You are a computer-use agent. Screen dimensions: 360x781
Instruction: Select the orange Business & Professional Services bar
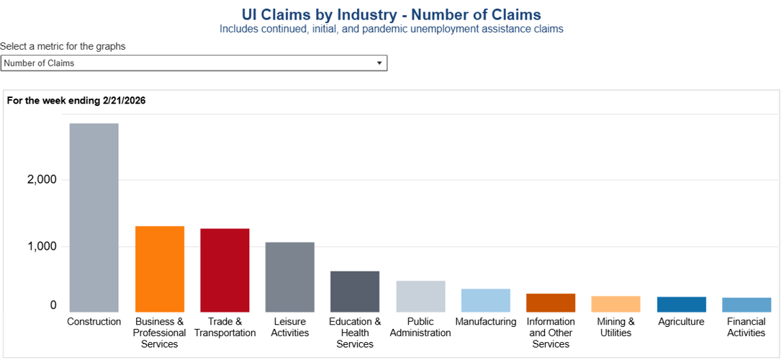click(160, 269)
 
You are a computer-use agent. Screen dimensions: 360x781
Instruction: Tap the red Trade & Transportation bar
click(225, 270)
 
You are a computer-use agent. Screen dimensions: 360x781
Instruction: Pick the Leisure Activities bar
click(289, 276)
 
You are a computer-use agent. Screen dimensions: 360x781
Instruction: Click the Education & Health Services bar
click(355, 292)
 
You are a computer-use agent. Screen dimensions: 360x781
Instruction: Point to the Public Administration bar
click(420, 296)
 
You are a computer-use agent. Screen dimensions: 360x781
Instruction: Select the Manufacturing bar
click(486, 300)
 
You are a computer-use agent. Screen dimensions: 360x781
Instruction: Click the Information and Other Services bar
click(551, 302)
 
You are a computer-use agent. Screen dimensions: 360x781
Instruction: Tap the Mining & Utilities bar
click(615, 304)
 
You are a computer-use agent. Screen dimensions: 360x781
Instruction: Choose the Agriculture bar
click(681, 304)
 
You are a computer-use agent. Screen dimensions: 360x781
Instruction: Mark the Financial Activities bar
click(746, 305)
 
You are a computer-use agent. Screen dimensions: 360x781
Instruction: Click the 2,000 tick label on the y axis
click(42, 180)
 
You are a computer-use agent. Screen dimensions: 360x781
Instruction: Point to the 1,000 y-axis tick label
click(42, 246)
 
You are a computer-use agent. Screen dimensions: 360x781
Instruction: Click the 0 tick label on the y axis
click(53, 305)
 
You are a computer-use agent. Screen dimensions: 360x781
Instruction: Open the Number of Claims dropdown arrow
click(379, 63)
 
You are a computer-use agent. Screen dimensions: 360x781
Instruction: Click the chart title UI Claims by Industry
click(391, 14)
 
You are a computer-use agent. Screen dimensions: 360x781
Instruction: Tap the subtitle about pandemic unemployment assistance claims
click(391, 30)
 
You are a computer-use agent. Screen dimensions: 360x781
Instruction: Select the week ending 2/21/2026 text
click(76, 101)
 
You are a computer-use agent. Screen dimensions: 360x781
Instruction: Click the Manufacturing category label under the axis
click(486, 322)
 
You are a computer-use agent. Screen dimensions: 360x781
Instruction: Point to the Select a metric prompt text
click(63, 46)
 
